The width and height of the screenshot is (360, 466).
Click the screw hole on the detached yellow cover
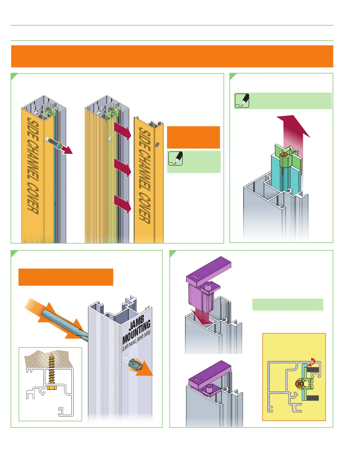(157, 144)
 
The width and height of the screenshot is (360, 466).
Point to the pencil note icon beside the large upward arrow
(242, 101)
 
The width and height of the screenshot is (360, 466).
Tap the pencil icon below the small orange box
(176, 158)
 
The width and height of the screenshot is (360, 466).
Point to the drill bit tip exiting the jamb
(136, 365)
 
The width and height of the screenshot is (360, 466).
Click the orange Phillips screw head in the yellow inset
(299, 384)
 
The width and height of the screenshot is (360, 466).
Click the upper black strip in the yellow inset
(313, 370)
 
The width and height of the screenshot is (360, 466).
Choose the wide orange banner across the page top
(172, 56)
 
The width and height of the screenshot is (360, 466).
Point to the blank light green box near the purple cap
(288, 304)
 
